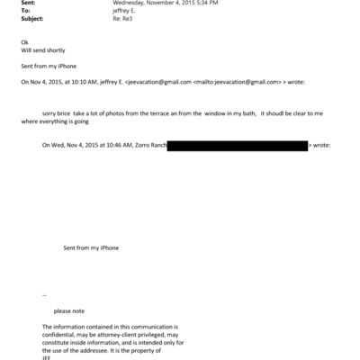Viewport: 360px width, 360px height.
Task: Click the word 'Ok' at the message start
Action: [x=23, y=42]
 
